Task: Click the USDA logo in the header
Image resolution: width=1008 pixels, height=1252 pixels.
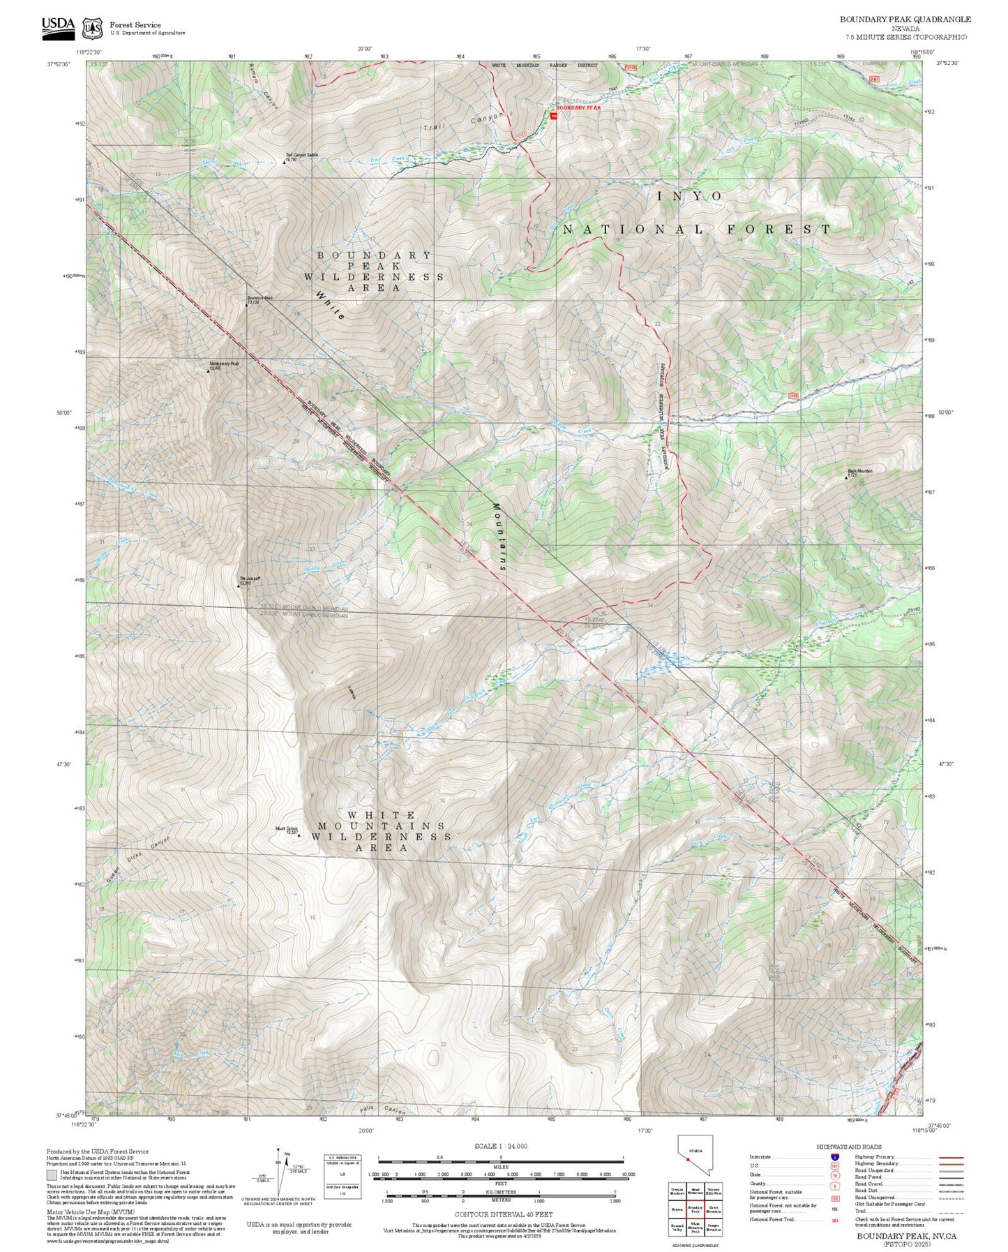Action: (58, 26)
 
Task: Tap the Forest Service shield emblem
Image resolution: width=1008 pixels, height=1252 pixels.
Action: (91, 29)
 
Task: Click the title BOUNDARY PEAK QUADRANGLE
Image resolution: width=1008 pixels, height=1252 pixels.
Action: (905, 20)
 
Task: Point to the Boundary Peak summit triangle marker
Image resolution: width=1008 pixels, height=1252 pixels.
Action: (246, 306)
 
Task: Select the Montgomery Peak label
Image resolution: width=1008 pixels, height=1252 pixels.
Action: (225, 365)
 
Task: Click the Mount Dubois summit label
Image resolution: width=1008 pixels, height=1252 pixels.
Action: (287, 830)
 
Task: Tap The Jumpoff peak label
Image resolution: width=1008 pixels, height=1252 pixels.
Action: (250, 580)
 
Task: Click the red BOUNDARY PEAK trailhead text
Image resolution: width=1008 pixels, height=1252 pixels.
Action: (578, 108)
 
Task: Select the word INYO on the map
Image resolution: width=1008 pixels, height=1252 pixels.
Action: (690, 197)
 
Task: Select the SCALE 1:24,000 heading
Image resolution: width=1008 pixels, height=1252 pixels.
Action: (500, 1146)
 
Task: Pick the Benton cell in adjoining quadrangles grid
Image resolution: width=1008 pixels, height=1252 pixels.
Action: (677, 1209)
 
